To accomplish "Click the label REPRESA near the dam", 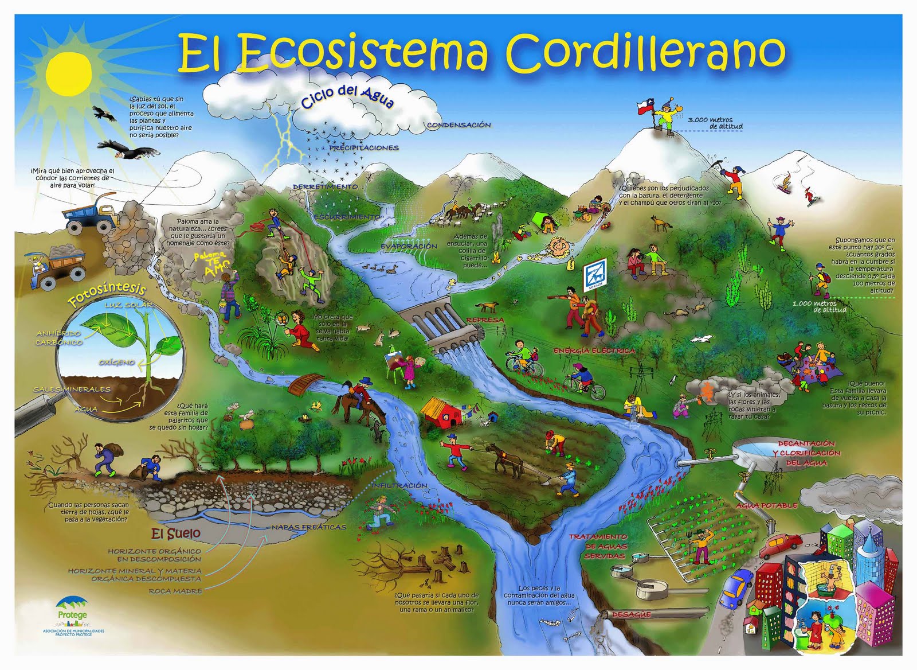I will [x=485, y=320].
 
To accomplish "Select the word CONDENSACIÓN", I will [x=458, y=124].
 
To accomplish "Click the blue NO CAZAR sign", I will [x=594, y=278].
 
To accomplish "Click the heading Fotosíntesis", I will [x=106, y=293].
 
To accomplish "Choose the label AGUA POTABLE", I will [x=767, y=505].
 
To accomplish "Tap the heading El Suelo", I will [x=176, y=534].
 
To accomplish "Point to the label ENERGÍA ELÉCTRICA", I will [x=594, y=350].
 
